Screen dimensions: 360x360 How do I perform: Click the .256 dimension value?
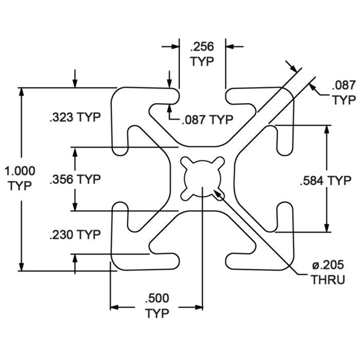[202, 47]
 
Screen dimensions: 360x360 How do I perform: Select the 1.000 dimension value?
[20, 171]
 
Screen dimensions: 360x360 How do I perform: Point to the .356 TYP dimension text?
[75, 179]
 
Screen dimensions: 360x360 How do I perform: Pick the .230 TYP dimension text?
[75, 235]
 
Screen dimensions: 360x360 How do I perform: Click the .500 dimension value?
[157, 299]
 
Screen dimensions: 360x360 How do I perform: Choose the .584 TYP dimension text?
[326, 180]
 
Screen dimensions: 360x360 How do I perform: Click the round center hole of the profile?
[202, 177]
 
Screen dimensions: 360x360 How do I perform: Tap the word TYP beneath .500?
[157, 313]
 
